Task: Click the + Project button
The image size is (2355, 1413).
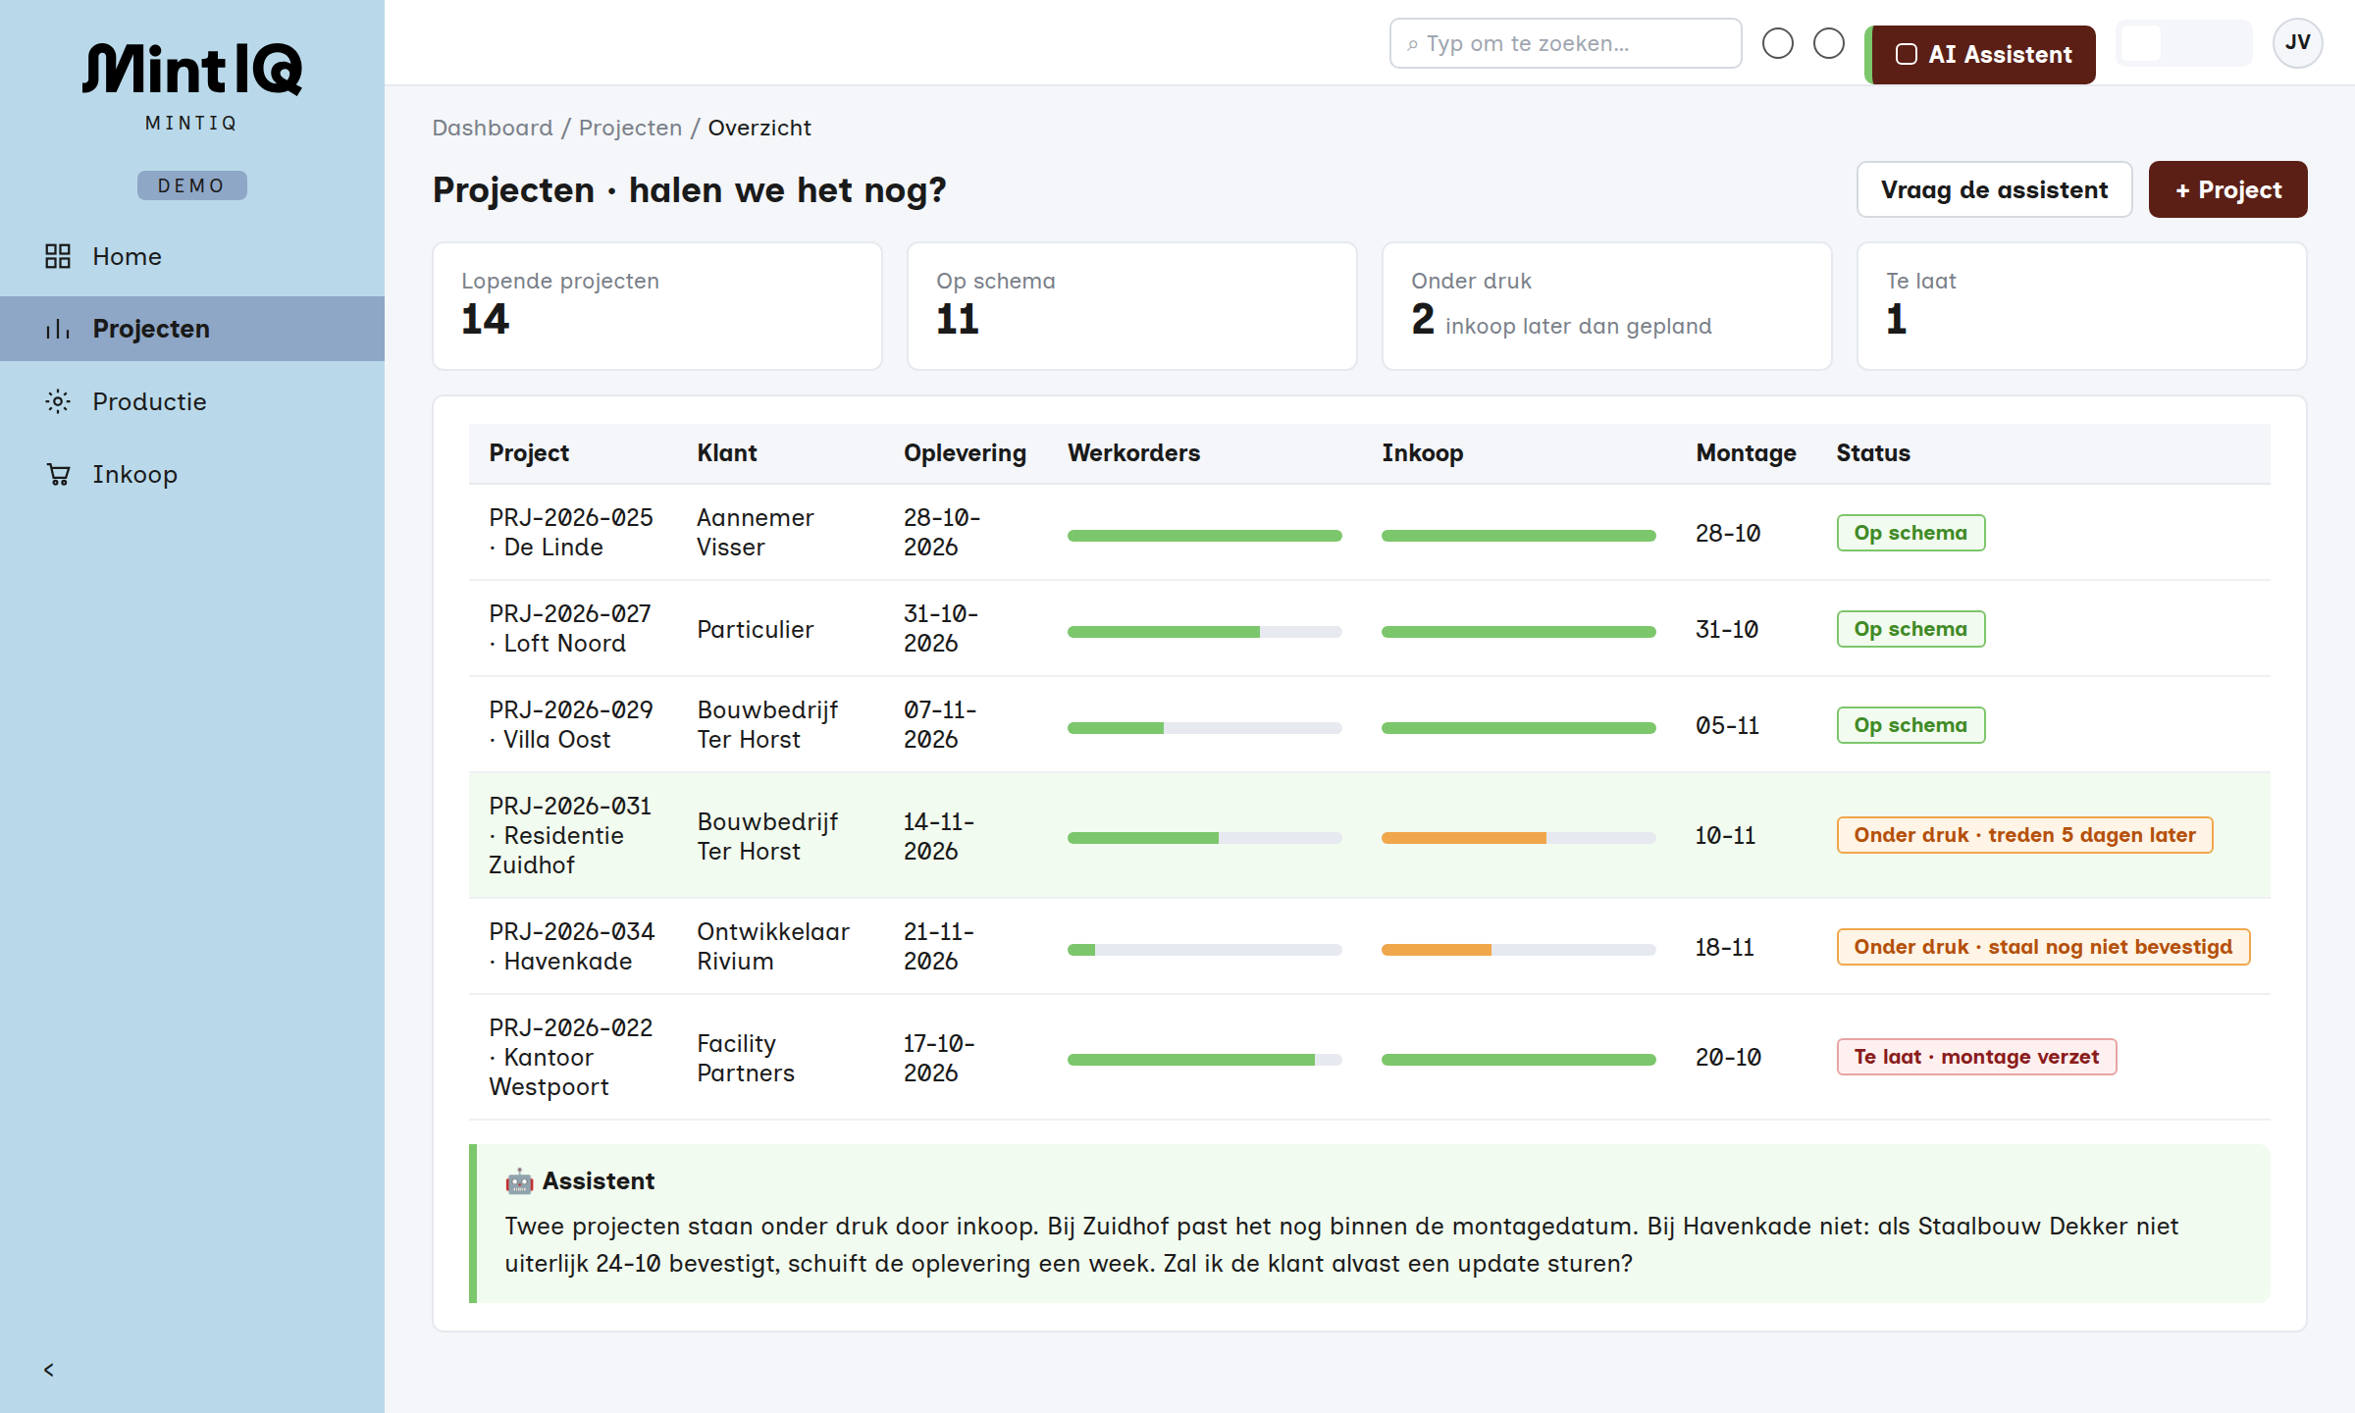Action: (x=2227, y=189)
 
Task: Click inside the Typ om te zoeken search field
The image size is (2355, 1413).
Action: (x=1566, y=43)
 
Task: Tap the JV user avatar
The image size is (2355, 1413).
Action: (x=2297, y=43)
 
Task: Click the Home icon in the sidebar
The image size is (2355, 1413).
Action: (x=58, y=256)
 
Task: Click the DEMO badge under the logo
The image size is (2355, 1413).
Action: (x=192, y=185)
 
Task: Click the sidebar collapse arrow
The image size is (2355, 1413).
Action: (x=49, y=1370)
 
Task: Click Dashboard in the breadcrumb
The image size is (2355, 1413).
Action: (x=493, y=128)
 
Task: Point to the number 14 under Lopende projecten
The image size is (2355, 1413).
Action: (x=486, y=319)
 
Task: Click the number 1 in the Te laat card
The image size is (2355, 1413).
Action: (x=1896, y=319)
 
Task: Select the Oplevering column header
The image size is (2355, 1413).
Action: (x=965, y=453)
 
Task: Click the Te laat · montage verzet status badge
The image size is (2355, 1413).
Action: (x=1976, y=1057)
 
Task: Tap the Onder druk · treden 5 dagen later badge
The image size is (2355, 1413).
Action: (x=2024, y=835)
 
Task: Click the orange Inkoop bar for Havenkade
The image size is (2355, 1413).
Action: (x=1437, y=950)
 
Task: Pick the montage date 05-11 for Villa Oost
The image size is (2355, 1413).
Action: (x=1728, y=726)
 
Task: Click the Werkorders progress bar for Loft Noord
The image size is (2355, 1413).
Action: (x=1204, y=632)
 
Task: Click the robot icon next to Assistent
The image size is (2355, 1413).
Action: (x=519, y=1181)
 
